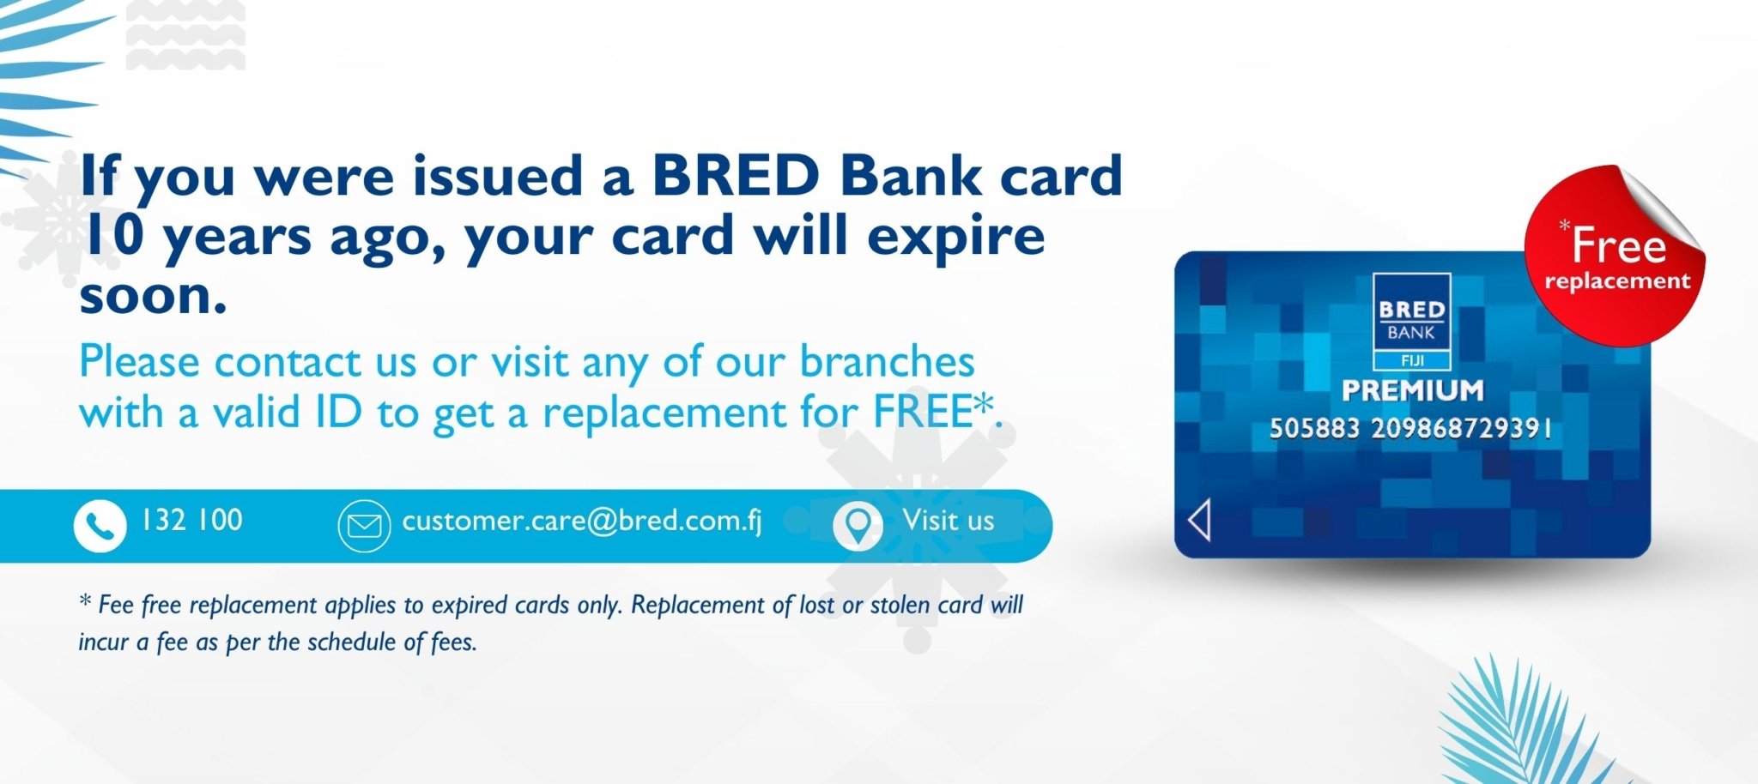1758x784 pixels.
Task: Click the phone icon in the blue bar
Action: (x=100, y=525)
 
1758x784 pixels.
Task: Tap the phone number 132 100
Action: (x=192, y=520)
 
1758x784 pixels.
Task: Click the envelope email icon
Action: (x=364, y=525)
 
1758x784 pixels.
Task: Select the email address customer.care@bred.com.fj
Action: (x=582, y=521)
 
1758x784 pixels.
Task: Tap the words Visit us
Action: (x=948, y=520)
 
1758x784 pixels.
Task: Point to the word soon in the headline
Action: (x=153, y=296)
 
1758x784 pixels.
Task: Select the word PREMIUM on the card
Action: (x=1412, y=390)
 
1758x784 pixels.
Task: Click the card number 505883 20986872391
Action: (x=1410, y=428)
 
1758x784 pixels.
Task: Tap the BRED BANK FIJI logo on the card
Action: (x=1411, y=322)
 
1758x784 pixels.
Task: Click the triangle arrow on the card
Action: (x=1199, y=520)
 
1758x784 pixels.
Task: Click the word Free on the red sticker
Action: (x=1619, y=245)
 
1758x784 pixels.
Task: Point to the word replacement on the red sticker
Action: (x=1617, y=281)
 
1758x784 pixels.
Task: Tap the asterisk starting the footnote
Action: (x=85, y=600)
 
